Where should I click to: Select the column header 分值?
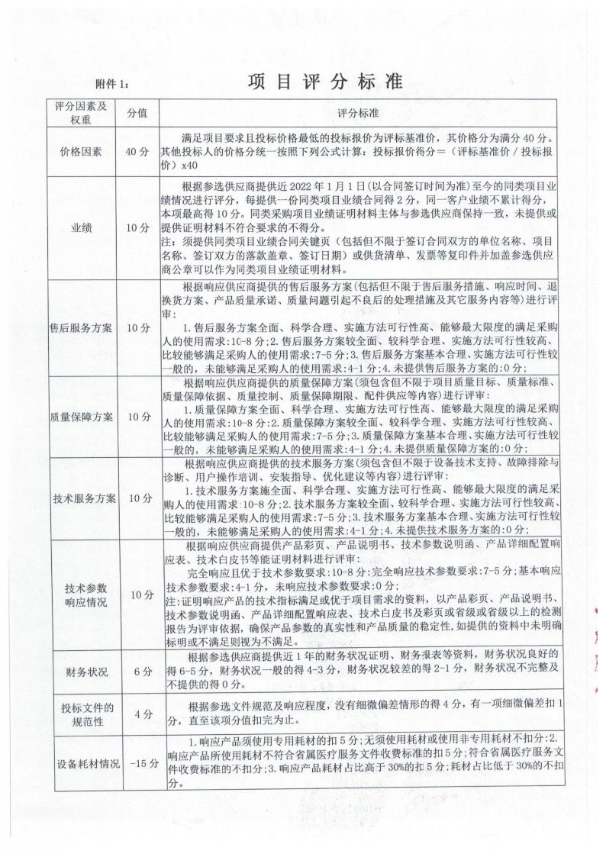tap(137, 113)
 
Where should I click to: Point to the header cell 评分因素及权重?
tap(79, 113)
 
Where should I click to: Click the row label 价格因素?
tap(79, 151)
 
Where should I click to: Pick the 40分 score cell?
tap(137, 151)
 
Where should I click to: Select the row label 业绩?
tap(79, 227)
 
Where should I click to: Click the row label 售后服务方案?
tap(79, 328)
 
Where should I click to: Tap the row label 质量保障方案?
tap(79, 417)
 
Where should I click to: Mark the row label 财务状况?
tap(79, 672)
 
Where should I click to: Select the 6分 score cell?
tap(137, 672)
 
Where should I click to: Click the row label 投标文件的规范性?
tap(79, 715)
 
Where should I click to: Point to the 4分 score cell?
tap(137, 715)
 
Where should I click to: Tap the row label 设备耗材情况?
tap(79, 764)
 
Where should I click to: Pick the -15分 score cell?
tap(137, 764)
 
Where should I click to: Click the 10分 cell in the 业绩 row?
tap(137, 227)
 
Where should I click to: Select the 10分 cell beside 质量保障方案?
tap(137, 417)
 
